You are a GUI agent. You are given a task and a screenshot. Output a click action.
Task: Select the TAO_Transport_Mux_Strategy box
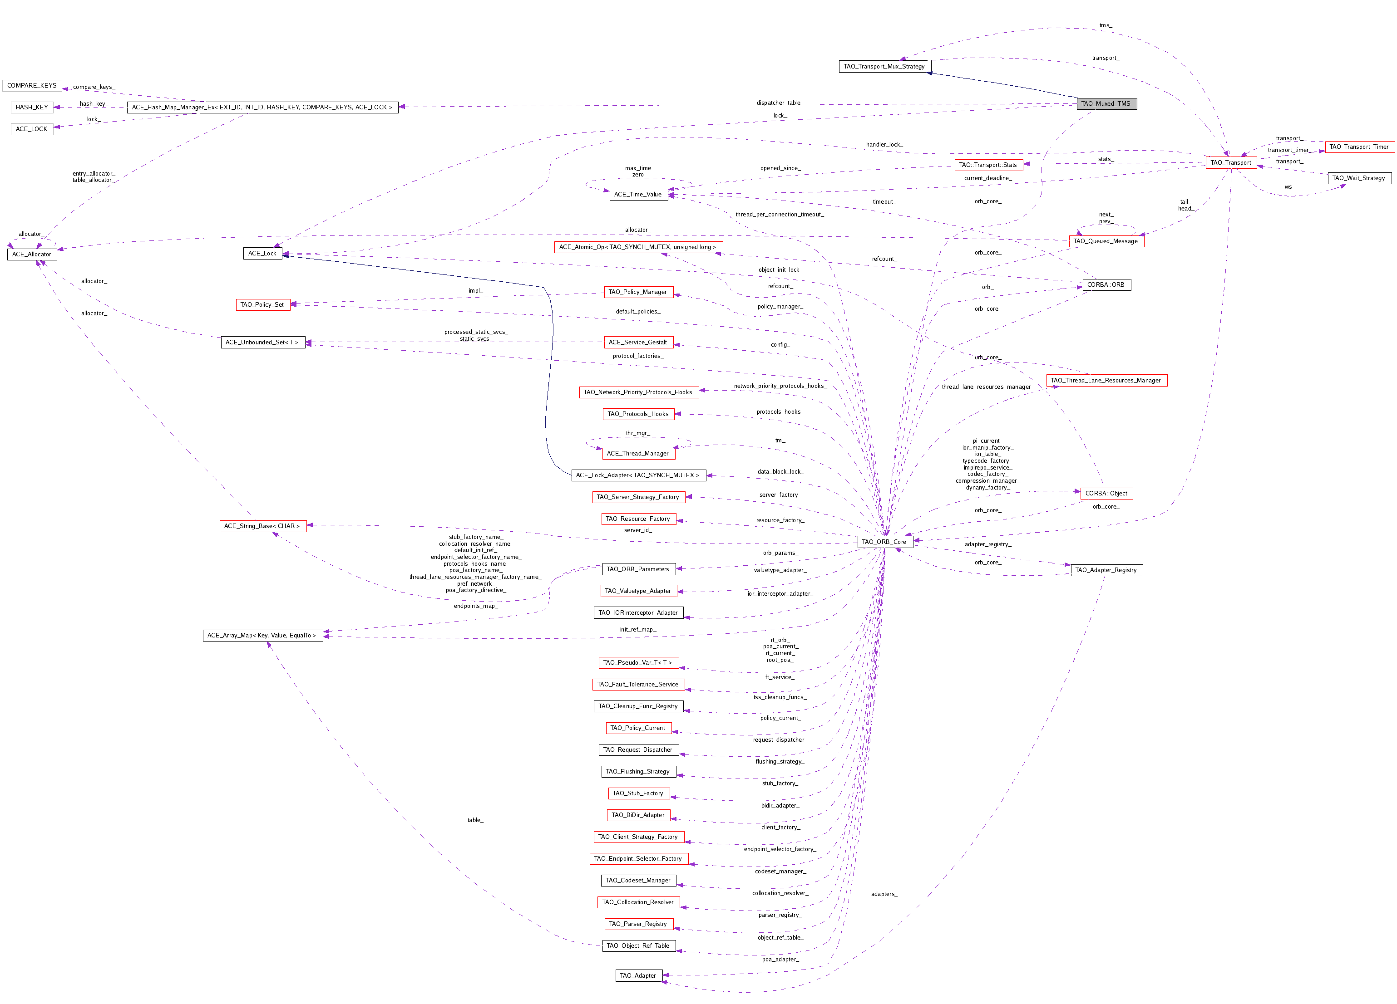[884, 67]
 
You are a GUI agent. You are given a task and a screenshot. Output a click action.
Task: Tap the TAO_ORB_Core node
[884, 542]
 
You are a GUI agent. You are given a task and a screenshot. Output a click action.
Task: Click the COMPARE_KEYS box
[32, 86]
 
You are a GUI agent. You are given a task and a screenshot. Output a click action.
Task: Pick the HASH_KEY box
[32, 107]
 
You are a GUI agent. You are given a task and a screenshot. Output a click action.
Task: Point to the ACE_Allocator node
[32, 254]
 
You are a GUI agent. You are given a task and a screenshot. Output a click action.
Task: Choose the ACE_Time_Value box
[638, 195]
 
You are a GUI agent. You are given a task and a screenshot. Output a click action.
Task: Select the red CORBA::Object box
[1106, 493]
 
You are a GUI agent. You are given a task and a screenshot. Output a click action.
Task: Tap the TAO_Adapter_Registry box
[1106, 570]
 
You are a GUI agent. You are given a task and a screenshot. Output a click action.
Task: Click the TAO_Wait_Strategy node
[1359, 178]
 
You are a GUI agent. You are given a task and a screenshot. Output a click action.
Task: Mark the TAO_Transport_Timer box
[1359, 147]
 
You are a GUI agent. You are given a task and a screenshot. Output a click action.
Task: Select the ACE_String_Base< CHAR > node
[262, 526]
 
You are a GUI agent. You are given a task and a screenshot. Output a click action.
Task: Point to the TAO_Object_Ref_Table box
[638, 945]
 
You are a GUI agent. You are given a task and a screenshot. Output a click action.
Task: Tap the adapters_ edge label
[884, 894]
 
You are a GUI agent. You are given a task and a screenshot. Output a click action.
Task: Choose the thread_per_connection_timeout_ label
[779, 214]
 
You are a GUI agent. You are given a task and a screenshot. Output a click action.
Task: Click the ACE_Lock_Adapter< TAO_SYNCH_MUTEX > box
[638, 475]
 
